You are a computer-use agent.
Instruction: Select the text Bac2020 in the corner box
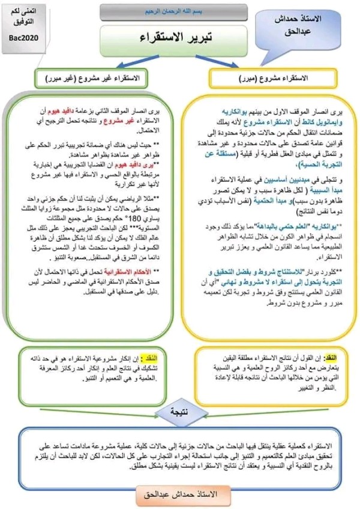tap(23, 38)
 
